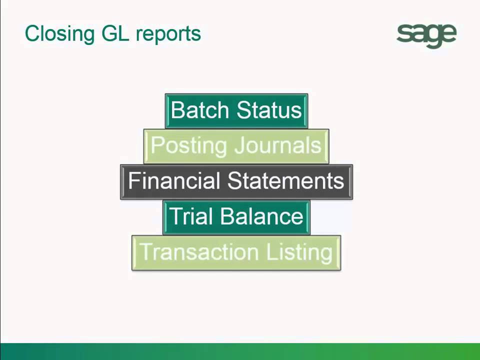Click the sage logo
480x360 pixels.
426,35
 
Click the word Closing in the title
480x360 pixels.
52,34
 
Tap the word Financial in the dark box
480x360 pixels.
174,181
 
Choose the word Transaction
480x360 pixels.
199,252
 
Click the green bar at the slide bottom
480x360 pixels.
240,351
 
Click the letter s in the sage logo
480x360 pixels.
404,34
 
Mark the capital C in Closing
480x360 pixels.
31,34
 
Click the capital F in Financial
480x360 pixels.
133,181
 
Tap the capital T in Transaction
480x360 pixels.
144,252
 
